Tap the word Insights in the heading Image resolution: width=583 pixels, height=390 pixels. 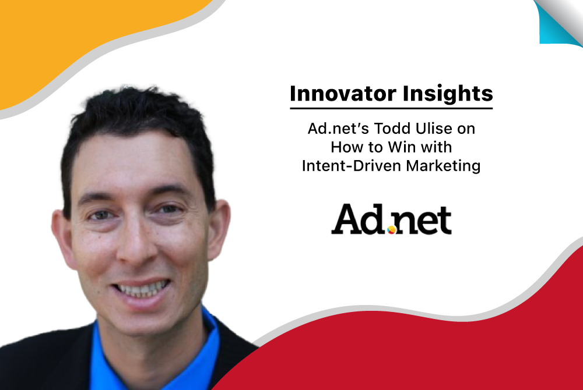tap(448, 94)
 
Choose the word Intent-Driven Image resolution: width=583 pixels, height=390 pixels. tap(351, 166)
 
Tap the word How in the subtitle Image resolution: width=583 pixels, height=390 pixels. tap(345, 147)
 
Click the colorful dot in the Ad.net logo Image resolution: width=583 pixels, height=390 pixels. tap(392, 230)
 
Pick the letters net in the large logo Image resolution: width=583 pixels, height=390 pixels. tap(422, 221)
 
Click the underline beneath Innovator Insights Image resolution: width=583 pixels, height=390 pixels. tap(391, 108)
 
